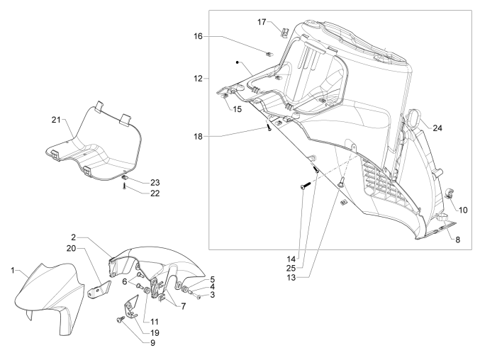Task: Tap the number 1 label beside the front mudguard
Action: click(13, 270)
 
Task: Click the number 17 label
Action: click(262, 23)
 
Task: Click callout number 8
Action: click(457, 240)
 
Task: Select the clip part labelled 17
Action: click(282, 30)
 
